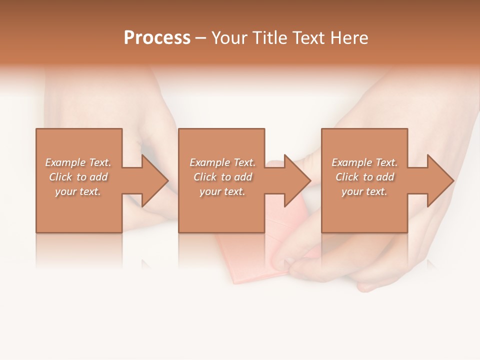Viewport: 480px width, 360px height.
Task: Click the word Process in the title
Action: click(157, 38)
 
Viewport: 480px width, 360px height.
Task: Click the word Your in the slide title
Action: click(229, 38)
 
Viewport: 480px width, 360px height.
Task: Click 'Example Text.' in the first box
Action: click(78, 162)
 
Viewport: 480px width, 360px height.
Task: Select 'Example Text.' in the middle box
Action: click(222, 162)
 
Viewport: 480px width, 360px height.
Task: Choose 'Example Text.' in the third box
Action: click(364, 162)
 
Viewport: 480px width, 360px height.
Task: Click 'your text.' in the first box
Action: click(78, 191)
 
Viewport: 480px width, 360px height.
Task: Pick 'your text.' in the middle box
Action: click(222, 191)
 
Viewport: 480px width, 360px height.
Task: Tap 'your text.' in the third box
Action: click(364, 191)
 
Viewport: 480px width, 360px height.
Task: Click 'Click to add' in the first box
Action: click(78, 177)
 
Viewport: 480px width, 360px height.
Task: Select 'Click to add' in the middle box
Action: click(222, 177)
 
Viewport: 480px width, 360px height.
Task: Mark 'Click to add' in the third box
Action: click(364, 177)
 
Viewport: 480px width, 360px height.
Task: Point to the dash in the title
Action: click(201, 38)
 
